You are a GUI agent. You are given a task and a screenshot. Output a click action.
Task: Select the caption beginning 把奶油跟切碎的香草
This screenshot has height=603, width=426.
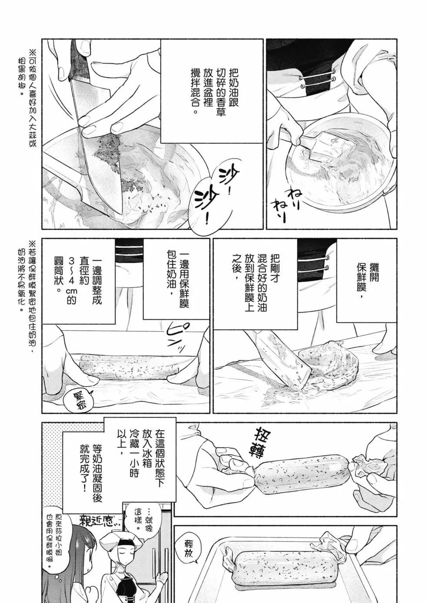click(x=212, y=91)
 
